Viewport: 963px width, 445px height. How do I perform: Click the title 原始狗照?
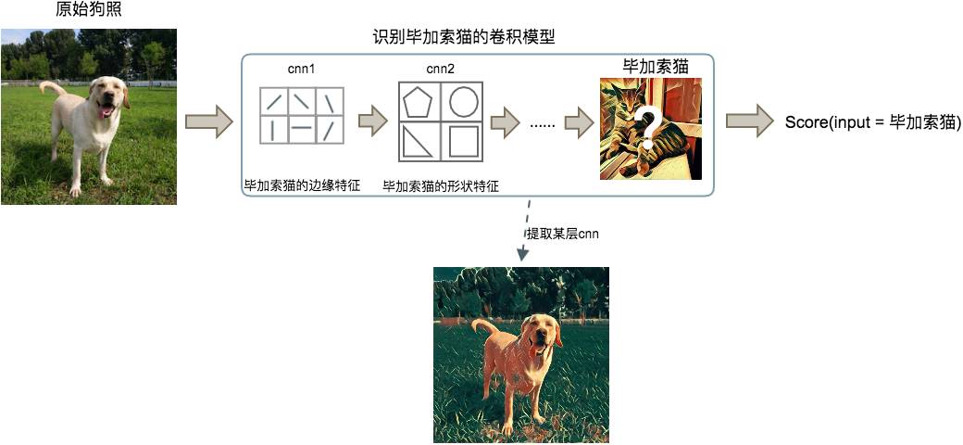pyautogui.click(x=89, y=9)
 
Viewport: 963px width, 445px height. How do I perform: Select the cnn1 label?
pyautogui.click(x=301, y=69)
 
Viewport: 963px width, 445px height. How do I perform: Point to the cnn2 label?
pyautogui.click(x=441, y=69)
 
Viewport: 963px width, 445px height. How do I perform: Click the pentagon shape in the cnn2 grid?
pyautogui.click(x=419, y=102)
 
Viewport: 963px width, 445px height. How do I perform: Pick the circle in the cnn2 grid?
pyautogui.click(x=462, y=101)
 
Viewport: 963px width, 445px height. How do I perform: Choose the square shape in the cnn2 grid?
pyautogui.click(x=463, y=141)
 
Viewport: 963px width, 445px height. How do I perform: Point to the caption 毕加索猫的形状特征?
pyautogui.click(x=440, y=185)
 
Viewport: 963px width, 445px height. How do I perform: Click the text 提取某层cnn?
pyautogui.click(x=561, y=235)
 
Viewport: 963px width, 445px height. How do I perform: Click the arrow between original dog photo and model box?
pyautogui.click(x=209, y=121)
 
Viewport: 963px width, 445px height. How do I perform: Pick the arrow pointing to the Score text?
pyautogui.click(x=750, y=121)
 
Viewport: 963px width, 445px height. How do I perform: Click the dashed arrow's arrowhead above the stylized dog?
pyautogui.click(x=522, y=252)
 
